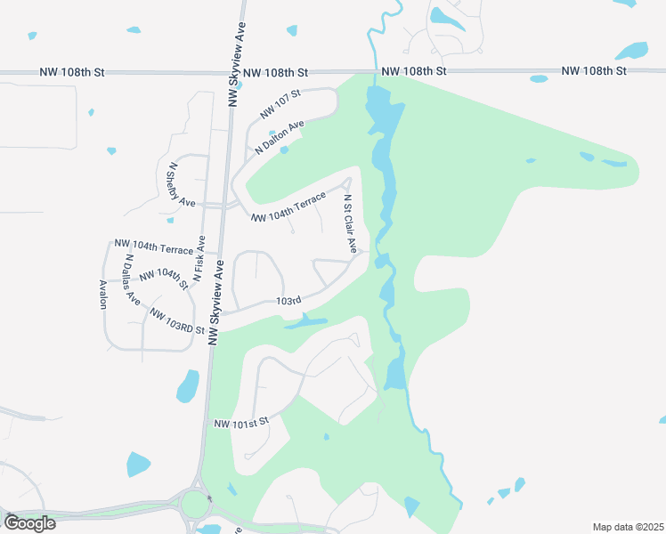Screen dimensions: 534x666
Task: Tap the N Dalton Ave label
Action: [279, 138]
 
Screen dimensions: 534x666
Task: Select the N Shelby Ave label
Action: [181, 184]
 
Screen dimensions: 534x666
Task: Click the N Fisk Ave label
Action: [199, 259]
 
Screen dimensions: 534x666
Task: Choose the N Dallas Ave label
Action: [133, 280]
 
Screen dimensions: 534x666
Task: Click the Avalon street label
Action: [102, 294]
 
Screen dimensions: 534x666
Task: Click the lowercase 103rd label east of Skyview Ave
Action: [288, 302]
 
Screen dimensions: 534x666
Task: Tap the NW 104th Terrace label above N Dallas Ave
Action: [153, 247]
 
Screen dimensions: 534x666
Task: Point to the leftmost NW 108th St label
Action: [72, 70]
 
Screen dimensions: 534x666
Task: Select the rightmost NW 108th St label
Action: [595, 69]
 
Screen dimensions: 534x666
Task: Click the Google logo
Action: [29, 522]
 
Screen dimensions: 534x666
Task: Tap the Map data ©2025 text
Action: [627, 527]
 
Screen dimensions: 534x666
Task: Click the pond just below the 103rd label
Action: [305, 321]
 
